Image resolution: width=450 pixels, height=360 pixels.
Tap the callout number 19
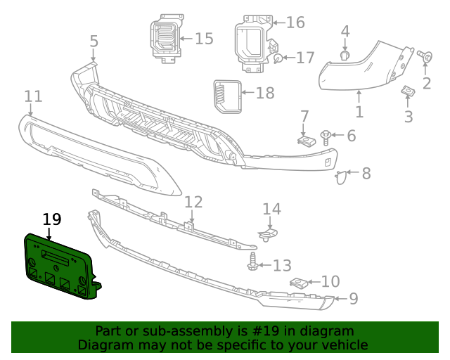click(51, 219)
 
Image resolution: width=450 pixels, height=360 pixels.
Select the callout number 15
click(203, 38)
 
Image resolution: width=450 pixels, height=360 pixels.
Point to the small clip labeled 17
click(278, 58)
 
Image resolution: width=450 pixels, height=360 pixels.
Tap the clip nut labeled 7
click(304, 140)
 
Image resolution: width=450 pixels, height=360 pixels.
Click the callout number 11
click(32, 96)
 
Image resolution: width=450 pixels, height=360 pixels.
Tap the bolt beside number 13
click(252, 265)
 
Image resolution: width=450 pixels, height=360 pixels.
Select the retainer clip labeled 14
click(268, 234)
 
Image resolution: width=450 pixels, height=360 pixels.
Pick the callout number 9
click(353, 299)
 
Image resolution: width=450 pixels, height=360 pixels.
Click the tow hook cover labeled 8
click(341, 177)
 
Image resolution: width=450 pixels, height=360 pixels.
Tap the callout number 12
click(193, 202)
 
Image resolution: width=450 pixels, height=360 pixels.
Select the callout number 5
click(94, 41)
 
